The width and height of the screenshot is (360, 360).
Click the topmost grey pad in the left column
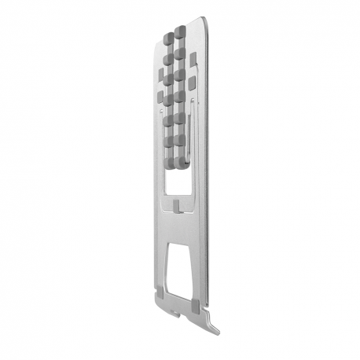168,39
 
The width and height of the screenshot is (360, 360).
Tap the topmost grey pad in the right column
180,33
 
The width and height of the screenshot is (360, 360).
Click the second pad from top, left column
168,59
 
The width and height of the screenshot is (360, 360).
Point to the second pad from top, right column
180,53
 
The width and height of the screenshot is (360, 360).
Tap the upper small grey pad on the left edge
160,76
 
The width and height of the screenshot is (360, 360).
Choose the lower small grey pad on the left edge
160,97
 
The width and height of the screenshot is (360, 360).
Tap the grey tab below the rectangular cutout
180,206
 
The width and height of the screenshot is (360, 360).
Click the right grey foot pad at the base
194,303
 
